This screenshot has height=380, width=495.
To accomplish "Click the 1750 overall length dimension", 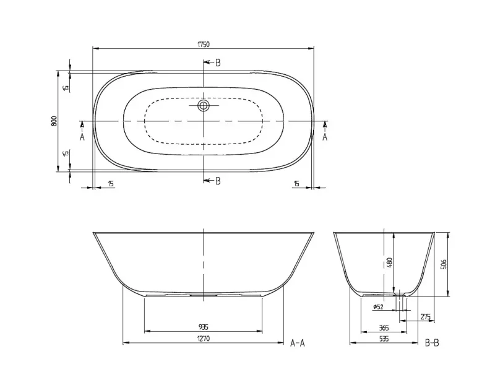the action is click(x=204, y=44).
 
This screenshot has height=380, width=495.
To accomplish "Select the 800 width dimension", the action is click(x=54, y=121).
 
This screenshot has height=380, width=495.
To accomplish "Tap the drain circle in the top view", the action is click(x=204, y=105).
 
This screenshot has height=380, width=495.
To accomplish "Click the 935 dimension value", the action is click(x=204, y=327).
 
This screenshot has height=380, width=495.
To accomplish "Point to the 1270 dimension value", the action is click(x=204, y=339).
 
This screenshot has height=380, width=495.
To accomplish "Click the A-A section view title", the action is click(x=298, y=343).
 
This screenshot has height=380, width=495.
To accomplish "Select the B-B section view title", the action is click(x=432, y=343).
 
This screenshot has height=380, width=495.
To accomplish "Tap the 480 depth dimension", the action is click(x=390, y=263).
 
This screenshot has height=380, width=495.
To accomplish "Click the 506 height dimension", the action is click(x=443, y=264).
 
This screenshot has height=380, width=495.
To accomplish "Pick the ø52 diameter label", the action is click(x=378, y=306).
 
